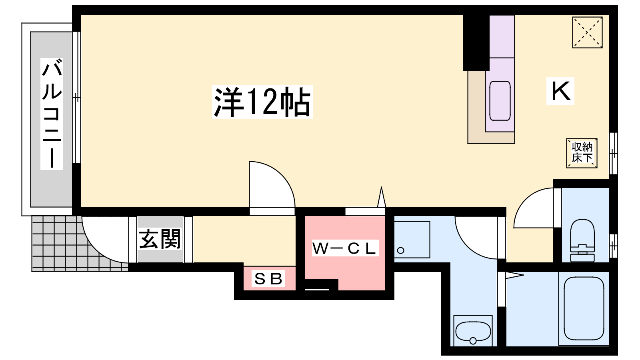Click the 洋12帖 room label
tap(262, 102)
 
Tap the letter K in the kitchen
tap(560, 90)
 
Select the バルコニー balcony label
tap(52, 114)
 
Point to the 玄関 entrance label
tap(160, 239)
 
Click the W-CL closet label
tap(345, 248)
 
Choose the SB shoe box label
tap(268, 278)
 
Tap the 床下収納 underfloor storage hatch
tap(582, 153)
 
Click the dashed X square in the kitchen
tap(588, 32)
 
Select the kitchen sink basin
tap(500, 101)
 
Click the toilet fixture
tap(582, 240)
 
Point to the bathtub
tap(584, 308)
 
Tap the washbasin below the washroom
tap(473, 330)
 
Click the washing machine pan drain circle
tap(400, 250)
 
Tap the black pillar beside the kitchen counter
tap(476, 42)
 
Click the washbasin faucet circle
tap(473, 340)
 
